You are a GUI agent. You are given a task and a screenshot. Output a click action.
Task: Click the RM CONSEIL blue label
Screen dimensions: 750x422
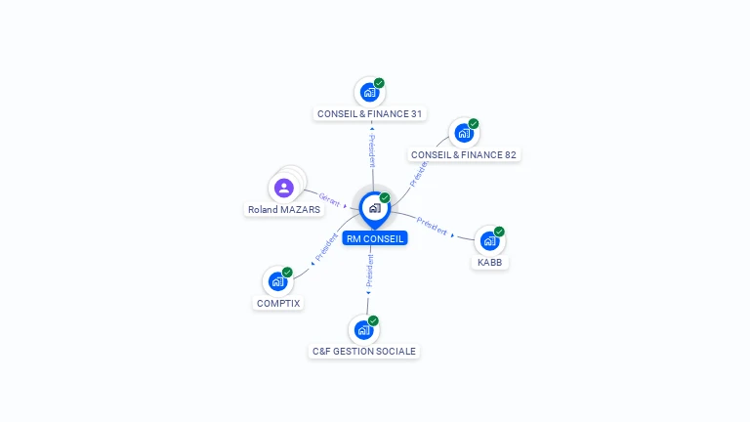click(x=375, y=238)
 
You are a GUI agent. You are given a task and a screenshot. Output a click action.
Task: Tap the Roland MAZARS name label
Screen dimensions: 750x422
click(x=284, y=210)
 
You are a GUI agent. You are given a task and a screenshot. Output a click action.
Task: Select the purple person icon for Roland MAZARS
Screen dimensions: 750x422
click(x=283, y=188)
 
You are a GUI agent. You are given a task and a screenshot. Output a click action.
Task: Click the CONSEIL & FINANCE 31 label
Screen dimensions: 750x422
click(x=369, y=114)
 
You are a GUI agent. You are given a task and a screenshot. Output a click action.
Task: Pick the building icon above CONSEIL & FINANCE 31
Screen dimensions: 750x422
click(x=369, y=93)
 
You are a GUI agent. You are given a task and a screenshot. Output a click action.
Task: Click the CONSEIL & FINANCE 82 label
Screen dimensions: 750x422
click(x=464, y=155)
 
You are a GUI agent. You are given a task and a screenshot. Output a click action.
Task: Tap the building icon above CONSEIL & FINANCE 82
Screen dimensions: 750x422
click(x=464, y=133)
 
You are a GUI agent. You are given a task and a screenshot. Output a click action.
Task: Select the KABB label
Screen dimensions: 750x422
click(x=490, y=262)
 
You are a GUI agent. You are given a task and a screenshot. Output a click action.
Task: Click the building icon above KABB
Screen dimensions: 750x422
click(x=489, y=240)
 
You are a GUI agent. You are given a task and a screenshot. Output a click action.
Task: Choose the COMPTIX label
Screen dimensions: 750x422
click(x=278, y=304)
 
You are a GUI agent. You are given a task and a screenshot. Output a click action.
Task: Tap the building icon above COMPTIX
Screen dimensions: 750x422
click(x=277, y=281)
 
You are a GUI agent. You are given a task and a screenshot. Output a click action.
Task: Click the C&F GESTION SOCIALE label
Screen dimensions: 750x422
click(x=364, y=352)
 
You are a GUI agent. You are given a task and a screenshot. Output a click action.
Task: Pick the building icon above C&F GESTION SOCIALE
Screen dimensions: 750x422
click(x=363, y=329)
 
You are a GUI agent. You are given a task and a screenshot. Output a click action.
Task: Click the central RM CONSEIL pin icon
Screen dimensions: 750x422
click(x=375, y=210)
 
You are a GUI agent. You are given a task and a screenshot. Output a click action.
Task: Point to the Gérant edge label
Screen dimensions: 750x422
click(x=329, y=199)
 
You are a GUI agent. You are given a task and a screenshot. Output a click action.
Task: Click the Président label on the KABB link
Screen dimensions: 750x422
click(x=432, y=226)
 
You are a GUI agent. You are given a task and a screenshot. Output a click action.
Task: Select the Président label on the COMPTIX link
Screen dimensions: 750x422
click(x=326, y=247)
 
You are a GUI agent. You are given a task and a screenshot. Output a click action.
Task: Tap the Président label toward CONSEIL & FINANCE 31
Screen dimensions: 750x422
click(x=372, y=150)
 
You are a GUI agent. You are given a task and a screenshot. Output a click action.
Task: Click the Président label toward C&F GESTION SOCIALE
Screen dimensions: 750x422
click(x=370, y=271)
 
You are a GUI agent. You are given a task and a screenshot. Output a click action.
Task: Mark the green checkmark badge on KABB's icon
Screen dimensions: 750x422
click(x=499, y=232)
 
